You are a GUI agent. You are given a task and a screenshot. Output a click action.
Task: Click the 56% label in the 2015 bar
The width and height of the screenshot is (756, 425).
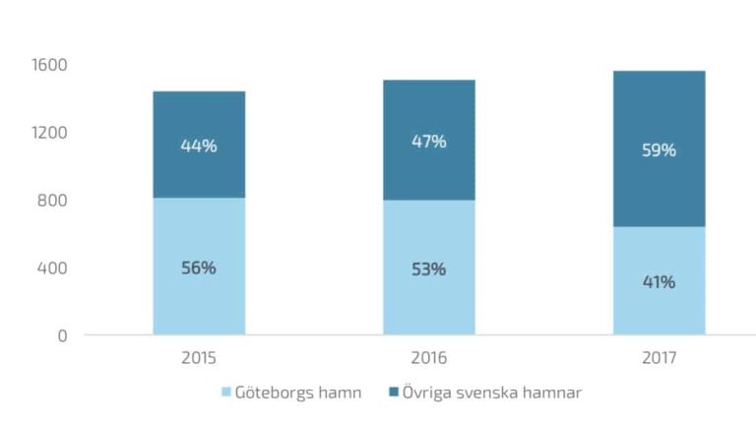199,268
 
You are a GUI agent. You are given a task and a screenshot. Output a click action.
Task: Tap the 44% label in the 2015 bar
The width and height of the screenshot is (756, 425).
199,146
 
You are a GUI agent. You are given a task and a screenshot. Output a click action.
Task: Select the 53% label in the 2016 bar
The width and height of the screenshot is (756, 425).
428,269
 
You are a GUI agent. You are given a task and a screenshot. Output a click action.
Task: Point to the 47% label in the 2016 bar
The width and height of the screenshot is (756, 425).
428,141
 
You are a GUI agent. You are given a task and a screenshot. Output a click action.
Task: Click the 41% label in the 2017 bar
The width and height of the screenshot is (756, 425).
659,281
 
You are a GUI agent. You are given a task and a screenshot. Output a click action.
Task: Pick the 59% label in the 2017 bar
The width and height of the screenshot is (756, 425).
659,151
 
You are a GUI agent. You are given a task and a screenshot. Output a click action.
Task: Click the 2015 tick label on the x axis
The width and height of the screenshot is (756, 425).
199,359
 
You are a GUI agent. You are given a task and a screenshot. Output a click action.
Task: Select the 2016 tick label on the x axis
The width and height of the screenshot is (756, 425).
428,359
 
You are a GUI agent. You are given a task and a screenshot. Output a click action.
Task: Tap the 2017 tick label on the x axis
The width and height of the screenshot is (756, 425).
659,359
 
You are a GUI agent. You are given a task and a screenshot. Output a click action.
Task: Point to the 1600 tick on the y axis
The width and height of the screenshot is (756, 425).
49,65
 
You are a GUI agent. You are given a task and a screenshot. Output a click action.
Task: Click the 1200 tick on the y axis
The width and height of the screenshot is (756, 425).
49,133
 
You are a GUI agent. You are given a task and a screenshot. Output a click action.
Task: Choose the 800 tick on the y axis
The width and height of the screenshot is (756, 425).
53,201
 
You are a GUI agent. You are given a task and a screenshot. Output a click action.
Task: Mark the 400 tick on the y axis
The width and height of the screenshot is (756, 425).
53,268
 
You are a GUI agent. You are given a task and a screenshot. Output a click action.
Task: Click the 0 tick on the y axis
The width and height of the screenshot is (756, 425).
62,335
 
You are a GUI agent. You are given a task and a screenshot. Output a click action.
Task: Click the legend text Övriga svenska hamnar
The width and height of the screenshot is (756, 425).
491,393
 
